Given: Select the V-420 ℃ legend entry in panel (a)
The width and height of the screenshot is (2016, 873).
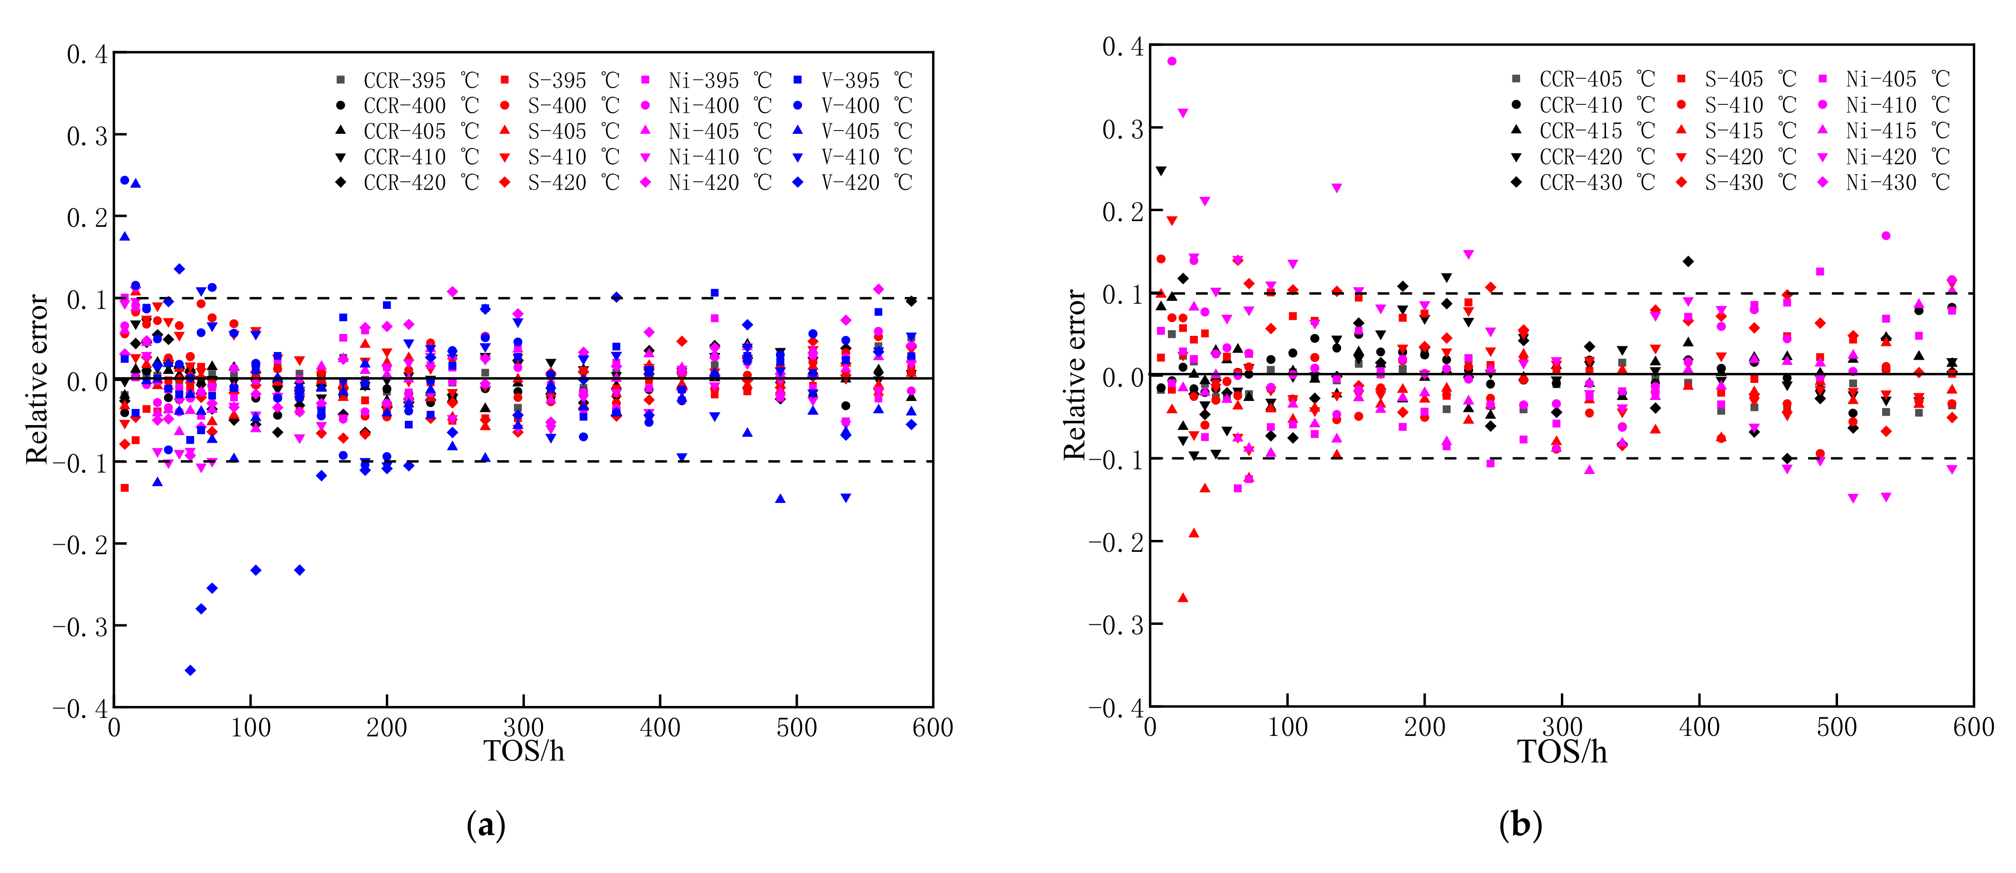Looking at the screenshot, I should (853, 182).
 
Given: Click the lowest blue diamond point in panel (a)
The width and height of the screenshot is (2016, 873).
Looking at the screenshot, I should (190, 670).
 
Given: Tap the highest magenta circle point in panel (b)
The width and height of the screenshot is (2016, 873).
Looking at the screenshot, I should (1172, 61).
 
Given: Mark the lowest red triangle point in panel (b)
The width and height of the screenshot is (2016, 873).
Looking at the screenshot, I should (1183, 598).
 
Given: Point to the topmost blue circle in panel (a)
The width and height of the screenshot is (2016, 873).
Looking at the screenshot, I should (124, 180).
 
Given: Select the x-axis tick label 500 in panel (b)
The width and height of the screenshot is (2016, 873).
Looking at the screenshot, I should (1836, 727).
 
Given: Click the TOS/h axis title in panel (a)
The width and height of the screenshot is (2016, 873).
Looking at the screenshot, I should (523, 751).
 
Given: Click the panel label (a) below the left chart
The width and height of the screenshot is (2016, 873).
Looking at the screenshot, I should (486, 825).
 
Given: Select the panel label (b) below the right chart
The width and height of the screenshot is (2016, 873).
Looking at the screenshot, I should (1521, 825).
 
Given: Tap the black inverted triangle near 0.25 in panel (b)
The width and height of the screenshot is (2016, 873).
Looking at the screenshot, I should (1161, 170).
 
